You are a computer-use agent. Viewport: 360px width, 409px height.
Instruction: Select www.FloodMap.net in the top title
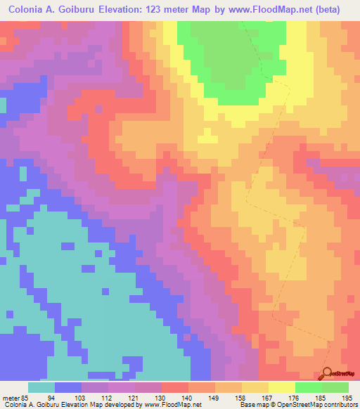click(273, 10)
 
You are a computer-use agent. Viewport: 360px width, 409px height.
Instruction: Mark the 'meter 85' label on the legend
click(16, 397)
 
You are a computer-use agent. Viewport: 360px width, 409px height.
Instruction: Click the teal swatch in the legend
click(41, 387)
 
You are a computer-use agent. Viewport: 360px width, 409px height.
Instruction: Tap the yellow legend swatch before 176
click(281, 387)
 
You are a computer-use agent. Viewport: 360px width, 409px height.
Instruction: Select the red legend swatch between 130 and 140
click(174, 387)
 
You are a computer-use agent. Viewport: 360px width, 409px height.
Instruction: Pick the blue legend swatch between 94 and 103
click(68, 387)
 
